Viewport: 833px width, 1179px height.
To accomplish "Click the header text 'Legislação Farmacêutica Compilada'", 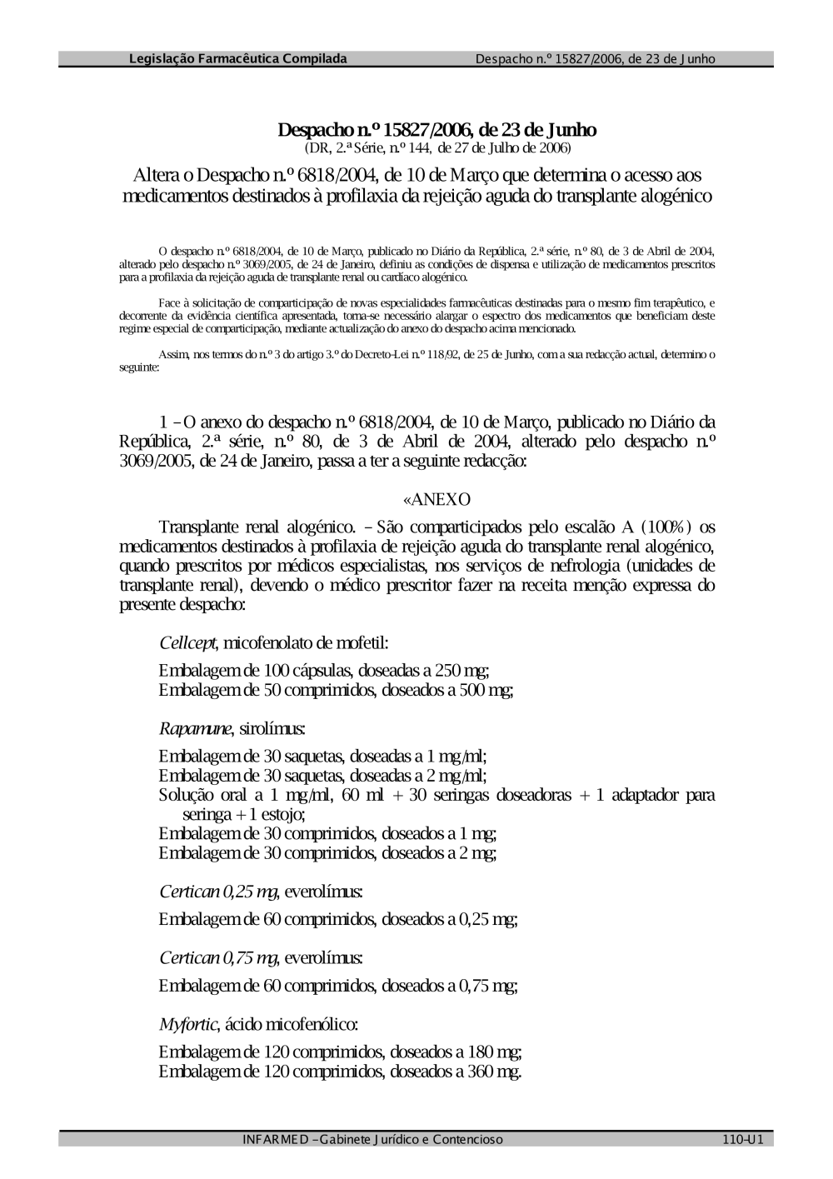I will point(238,59).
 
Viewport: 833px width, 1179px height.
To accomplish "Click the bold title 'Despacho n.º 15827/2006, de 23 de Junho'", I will point(436,131).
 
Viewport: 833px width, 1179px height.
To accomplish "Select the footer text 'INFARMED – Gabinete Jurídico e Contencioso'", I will point(372,1140).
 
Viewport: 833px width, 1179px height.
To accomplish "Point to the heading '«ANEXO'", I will point(436,499).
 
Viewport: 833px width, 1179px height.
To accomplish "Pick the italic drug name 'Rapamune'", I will point(195,729).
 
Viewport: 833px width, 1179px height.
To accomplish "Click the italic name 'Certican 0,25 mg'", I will point(217,892).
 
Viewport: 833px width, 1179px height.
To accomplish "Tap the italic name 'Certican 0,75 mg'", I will point(217,958).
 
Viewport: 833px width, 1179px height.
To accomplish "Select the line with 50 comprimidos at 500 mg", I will point(335,690).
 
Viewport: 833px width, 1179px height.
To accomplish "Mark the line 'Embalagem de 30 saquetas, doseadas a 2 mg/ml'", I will point(322,776).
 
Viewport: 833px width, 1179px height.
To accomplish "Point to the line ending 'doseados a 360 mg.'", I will point(340,1072).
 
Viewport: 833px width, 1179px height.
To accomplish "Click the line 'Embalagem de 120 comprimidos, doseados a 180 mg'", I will point(340,1052).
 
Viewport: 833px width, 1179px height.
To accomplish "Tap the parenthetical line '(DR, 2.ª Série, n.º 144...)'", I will point(436,148).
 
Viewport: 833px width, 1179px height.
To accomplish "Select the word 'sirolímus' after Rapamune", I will point(272,729).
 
